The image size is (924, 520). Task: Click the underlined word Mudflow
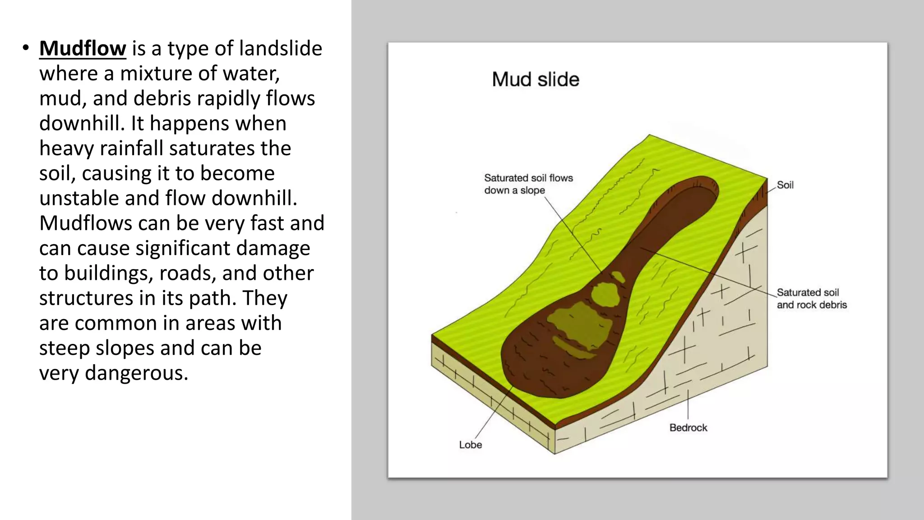(x=83, y=49)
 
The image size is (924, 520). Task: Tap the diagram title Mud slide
(x=536, y=79)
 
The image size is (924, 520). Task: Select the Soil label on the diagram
(x=785, y=185)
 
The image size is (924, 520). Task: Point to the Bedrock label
(x=688, y=427)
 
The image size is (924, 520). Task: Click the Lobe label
(x=470, y=445)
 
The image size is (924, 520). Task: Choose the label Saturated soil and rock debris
(x=812, y=298)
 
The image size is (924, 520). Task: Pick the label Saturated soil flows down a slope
(x=528, y=184)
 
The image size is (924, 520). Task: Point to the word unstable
(x=79, y=198)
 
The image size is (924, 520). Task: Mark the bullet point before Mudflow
(x=26, y=48)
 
